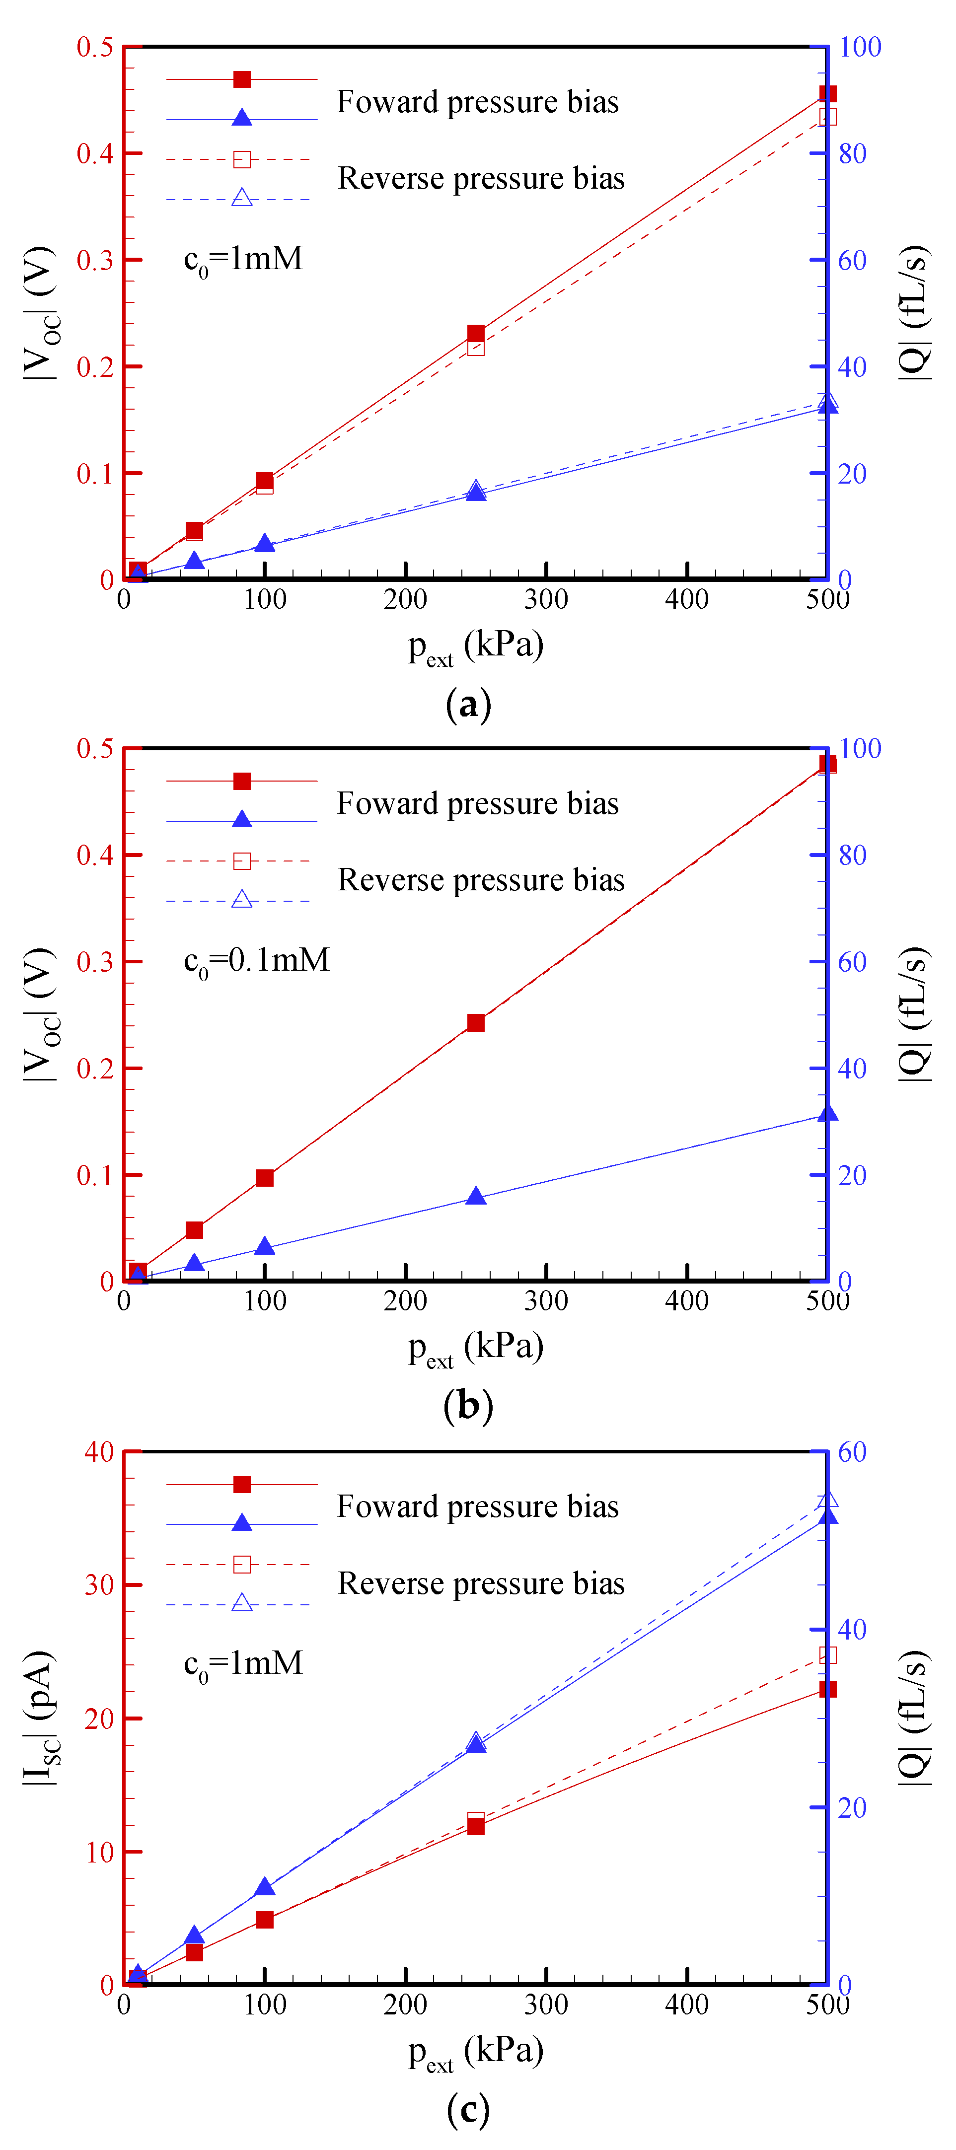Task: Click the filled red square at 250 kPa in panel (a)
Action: [476, 334]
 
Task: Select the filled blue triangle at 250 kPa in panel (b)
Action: [476, 1196]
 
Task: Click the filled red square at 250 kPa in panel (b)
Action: [476, 1022]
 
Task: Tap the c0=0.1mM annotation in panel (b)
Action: [256, 961]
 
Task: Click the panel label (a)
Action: [468, 705]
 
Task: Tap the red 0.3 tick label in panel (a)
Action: [95, 260]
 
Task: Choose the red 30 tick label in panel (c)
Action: [98, 1585]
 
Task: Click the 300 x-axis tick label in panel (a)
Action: [546, 599]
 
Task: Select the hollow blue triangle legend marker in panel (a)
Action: [242, 198]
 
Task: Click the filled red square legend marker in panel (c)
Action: [242, 1484]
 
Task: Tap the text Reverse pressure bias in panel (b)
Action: [481, 880]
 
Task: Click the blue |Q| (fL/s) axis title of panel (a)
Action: [914, 313]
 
